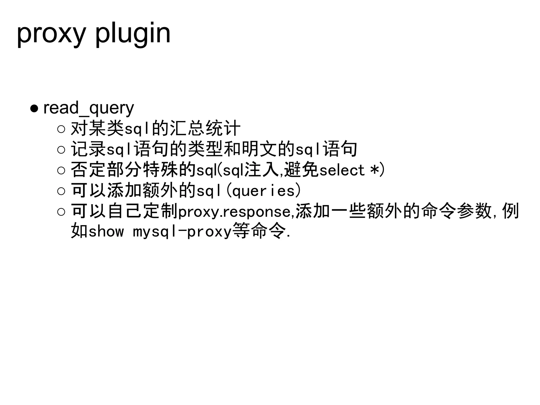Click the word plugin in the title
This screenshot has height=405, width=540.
coord(133,34)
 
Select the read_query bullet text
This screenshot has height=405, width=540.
coord(89,108)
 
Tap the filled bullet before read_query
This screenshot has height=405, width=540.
coord(35,108)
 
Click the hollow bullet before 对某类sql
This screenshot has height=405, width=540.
coord(61,129)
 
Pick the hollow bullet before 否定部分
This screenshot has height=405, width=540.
coord(61,170)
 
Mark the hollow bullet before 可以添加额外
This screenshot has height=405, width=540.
coord(61,191)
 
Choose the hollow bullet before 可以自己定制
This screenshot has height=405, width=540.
coord(61,211)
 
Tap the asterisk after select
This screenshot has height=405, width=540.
coord(374,170)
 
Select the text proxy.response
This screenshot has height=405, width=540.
coord(234,212)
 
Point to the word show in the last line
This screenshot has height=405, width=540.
coord(106,232)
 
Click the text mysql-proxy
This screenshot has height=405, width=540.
coord(182,232)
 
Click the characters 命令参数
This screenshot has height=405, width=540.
coord(456,211)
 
